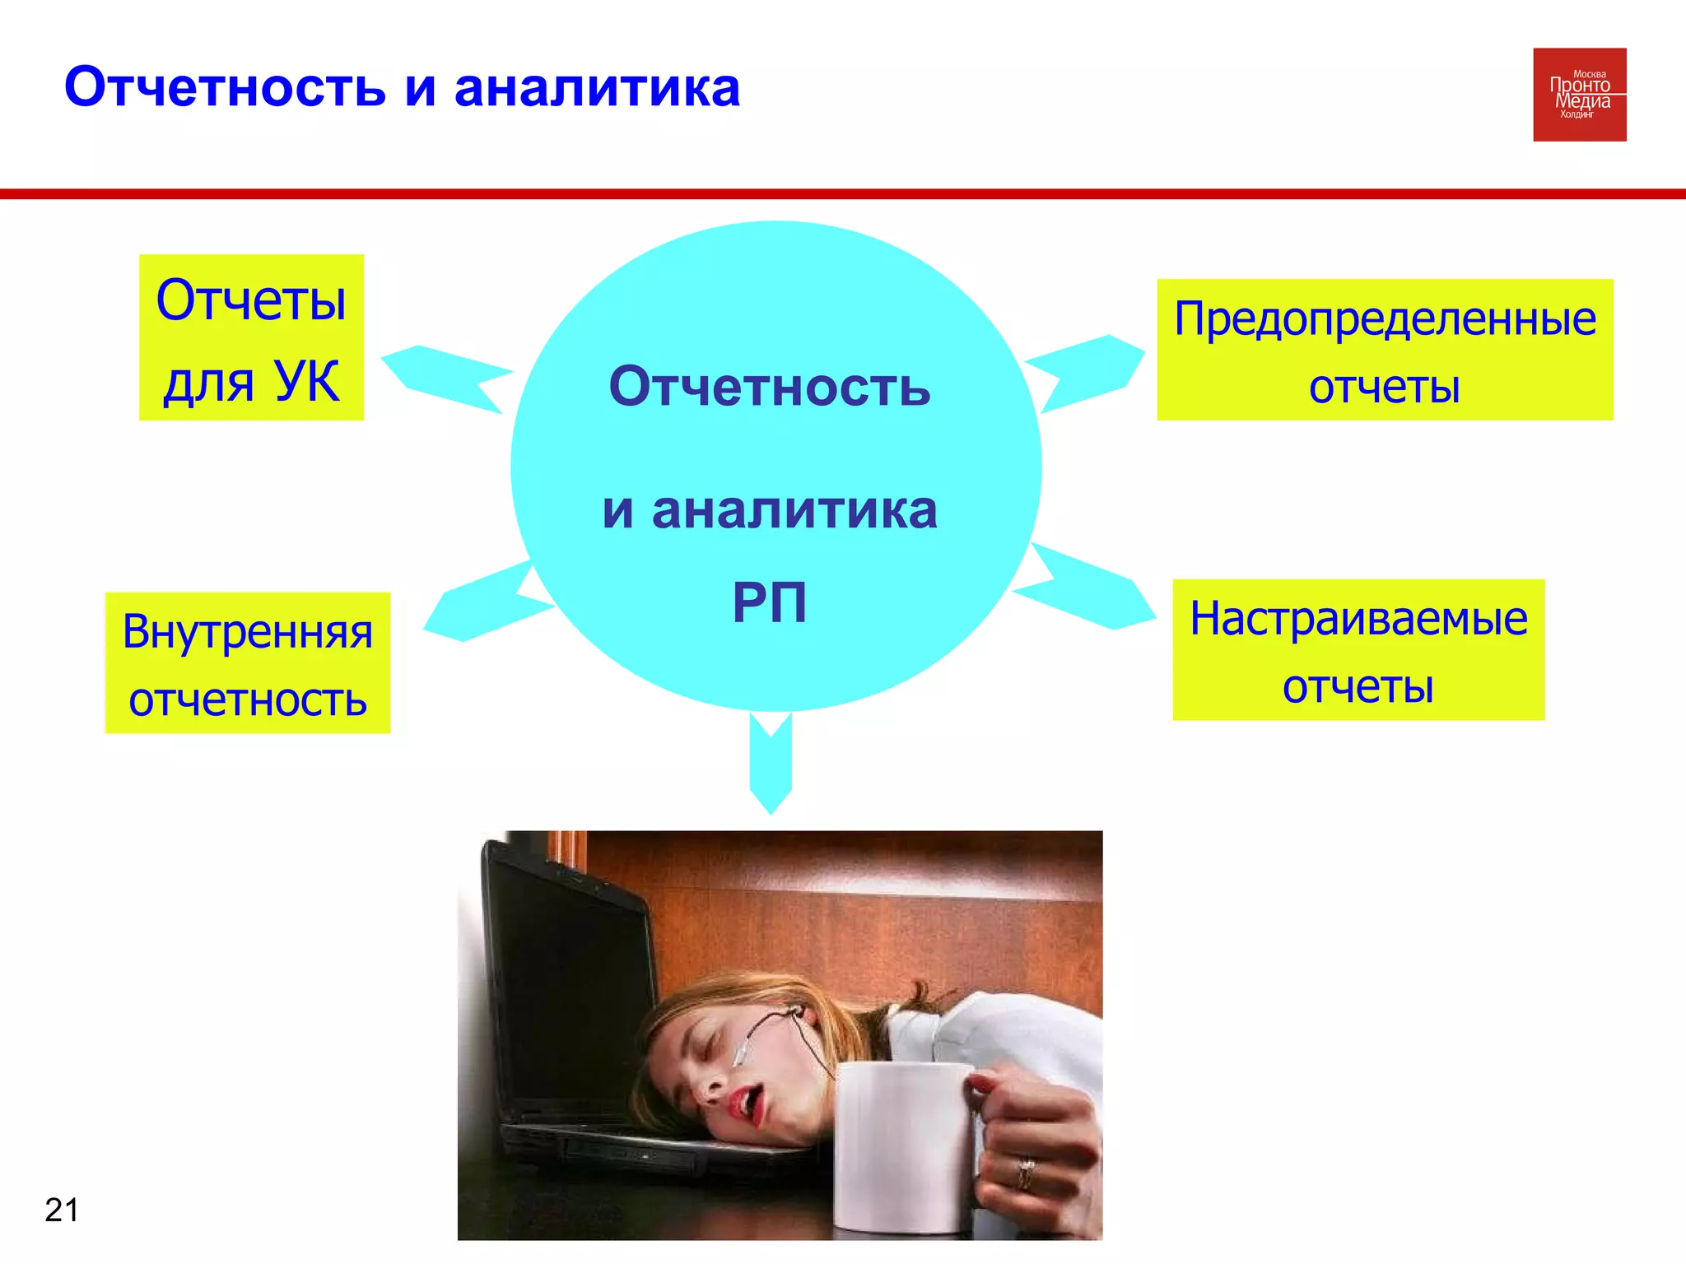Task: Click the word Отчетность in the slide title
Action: tap(225, 87)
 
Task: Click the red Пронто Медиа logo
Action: tap(1579, 95)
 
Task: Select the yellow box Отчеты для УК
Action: tap(251, 337)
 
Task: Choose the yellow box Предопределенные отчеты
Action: tap(1385, 350)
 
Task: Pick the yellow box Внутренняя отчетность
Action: tap(247, 663)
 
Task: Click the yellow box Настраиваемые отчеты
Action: tap(1358, 650)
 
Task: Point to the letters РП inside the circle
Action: tap(770, 603)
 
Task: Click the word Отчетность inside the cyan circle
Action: tap(770, 387)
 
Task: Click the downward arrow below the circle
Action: tap(771, 761)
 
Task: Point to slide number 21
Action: tap(62, 1210)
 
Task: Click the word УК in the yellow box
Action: tap(306, 381)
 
